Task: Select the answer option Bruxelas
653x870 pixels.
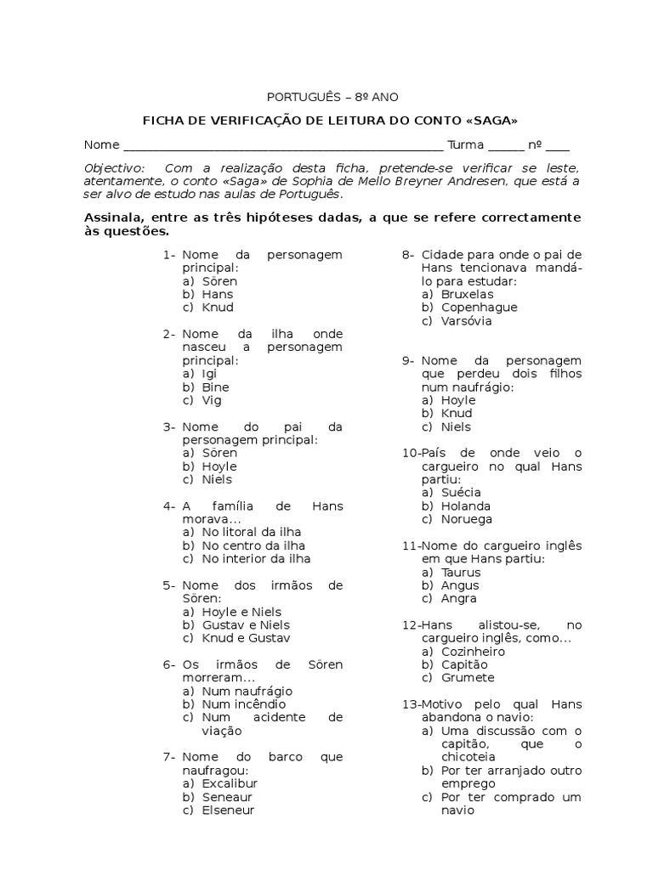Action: (467, 294)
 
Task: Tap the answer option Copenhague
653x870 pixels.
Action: (479, 308)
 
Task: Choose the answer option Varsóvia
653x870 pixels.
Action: (466, 321)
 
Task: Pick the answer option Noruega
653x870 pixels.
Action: (466, 519)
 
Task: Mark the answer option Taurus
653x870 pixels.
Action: (461, 573)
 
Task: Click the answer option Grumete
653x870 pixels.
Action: (468, 678)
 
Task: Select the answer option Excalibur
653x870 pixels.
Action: (230, 783)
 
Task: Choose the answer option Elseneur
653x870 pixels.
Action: (228, 810)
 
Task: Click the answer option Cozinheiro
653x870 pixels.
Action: (473, 652)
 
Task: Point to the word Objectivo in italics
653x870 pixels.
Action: (115, 167)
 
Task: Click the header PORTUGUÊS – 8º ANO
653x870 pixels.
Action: (327, 98)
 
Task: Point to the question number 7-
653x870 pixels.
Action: (169, 757)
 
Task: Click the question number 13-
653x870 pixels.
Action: (411, 704)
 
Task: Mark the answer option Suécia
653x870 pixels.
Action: (461, 493)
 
